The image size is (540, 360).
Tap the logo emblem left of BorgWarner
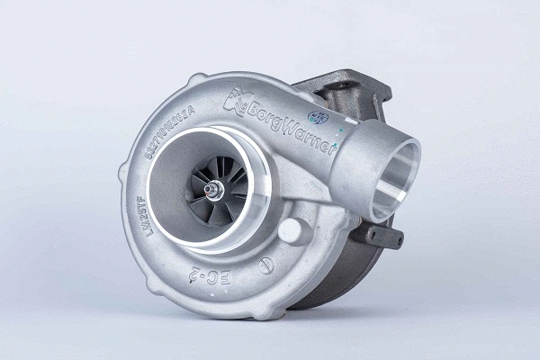pos(237,101)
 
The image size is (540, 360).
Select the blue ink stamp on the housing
pos(317,116)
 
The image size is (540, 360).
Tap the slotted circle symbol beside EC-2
pos(265,265)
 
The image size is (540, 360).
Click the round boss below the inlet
pos(293,229)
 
